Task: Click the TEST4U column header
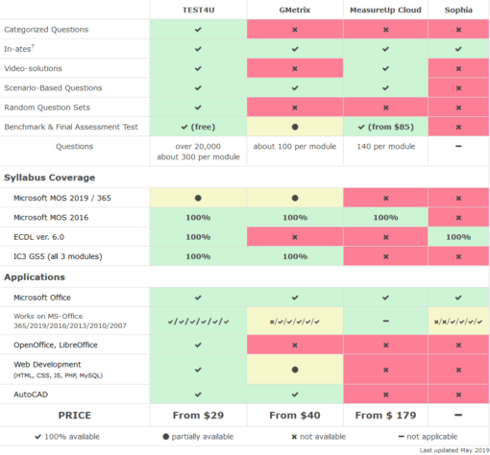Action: tap(198, 9)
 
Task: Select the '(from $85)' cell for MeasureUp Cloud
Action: tap(392, 127)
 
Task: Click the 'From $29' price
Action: tap(198, 414)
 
